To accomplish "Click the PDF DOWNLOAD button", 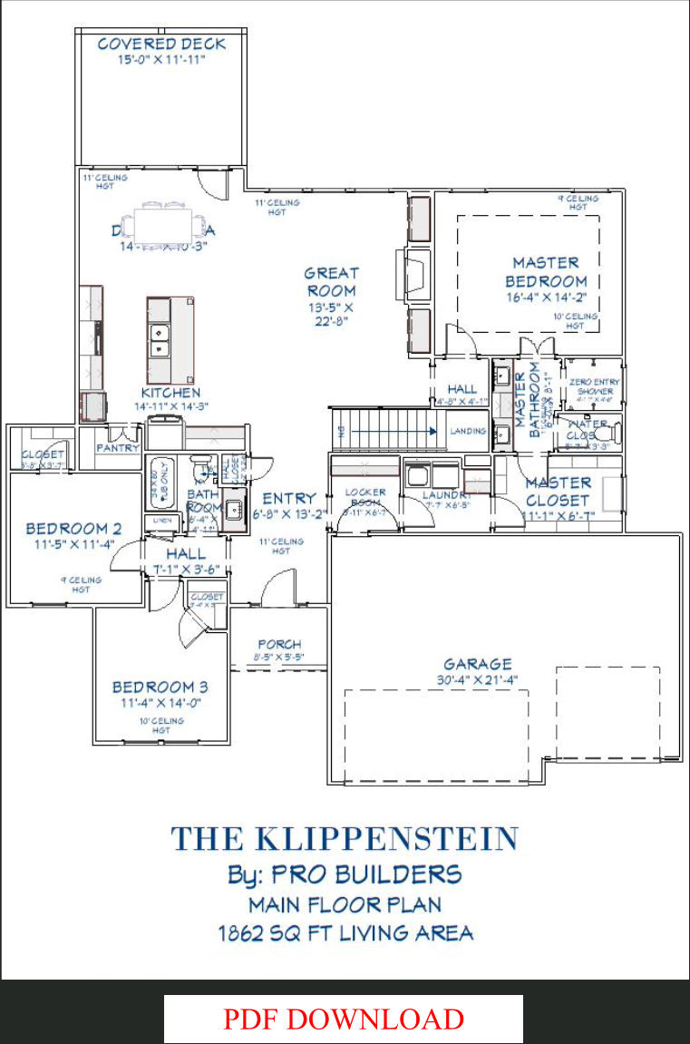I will click(344, 1019).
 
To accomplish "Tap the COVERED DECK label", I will click(161, 44).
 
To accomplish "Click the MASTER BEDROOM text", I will click(546, 272).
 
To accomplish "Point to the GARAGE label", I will click(478, 664).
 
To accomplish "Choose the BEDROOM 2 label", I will click(73, 529).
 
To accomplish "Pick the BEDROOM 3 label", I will click(160, 688).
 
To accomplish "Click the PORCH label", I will click(279, 644).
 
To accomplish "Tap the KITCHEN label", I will click(170, 393).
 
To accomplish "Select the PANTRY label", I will click(118, 447).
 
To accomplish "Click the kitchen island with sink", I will click(170, 339).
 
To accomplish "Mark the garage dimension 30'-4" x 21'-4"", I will click(478, 679).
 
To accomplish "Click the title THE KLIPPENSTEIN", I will click(345, 838).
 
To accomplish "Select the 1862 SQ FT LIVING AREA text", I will click(345, 932).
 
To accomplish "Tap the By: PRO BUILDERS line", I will click(345, 874).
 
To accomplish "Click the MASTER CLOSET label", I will click(558, 491).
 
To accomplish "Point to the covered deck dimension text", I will click(161, 60).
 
